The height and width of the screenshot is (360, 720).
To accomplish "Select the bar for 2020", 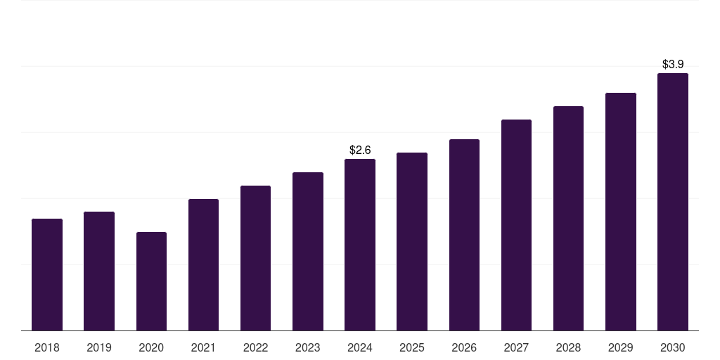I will coord(151,281).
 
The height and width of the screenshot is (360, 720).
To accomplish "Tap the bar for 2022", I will coord(255,258).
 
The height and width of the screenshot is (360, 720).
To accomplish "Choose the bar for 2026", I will coord(464,235).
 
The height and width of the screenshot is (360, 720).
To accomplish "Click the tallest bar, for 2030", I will coord(672,202).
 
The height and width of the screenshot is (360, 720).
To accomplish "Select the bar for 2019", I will coord(99,271).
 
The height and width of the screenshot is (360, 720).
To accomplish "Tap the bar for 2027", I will coord(516,225).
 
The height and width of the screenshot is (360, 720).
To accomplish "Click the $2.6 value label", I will coord(360,150).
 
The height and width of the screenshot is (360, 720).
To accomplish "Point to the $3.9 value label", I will coord(673,64).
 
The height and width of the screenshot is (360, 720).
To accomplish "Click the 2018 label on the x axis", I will coord(47,347).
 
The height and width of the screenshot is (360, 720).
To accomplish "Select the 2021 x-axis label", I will coord(203,347).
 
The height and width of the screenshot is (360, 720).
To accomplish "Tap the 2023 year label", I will coord(307,347).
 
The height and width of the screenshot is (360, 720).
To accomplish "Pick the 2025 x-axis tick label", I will coord(412,347).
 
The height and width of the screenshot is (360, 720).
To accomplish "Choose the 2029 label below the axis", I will coord(620,347).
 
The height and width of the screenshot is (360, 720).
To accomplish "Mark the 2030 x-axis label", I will coord(672,347).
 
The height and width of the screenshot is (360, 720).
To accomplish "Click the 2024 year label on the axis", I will coord(360,347).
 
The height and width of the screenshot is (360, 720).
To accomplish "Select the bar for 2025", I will coord(412,241).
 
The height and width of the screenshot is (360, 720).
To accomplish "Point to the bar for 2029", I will coord(620,212).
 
